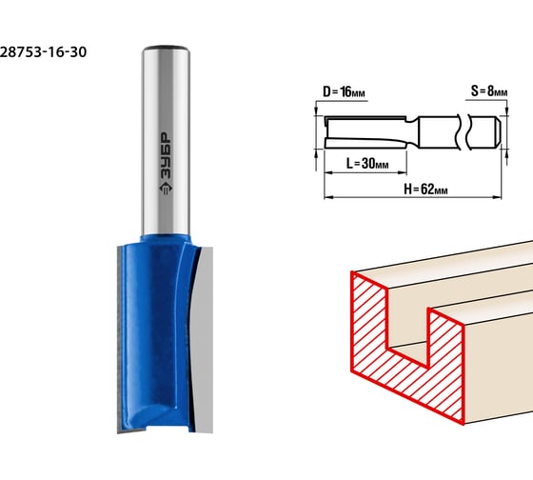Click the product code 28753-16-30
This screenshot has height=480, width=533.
(43, 52)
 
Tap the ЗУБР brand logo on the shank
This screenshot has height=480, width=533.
(166, 164)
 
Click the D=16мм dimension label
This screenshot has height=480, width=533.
(344, 91)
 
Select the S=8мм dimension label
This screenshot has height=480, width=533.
(489, 90)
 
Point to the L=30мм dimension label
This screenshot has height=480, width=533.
(367, 163)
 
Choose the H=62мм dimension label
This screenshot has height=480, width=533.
(425, 189)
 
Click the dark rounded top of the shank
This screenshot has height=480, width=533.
(166, 48)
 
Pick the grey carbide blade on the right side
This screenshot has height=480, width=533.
(204, 340)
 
